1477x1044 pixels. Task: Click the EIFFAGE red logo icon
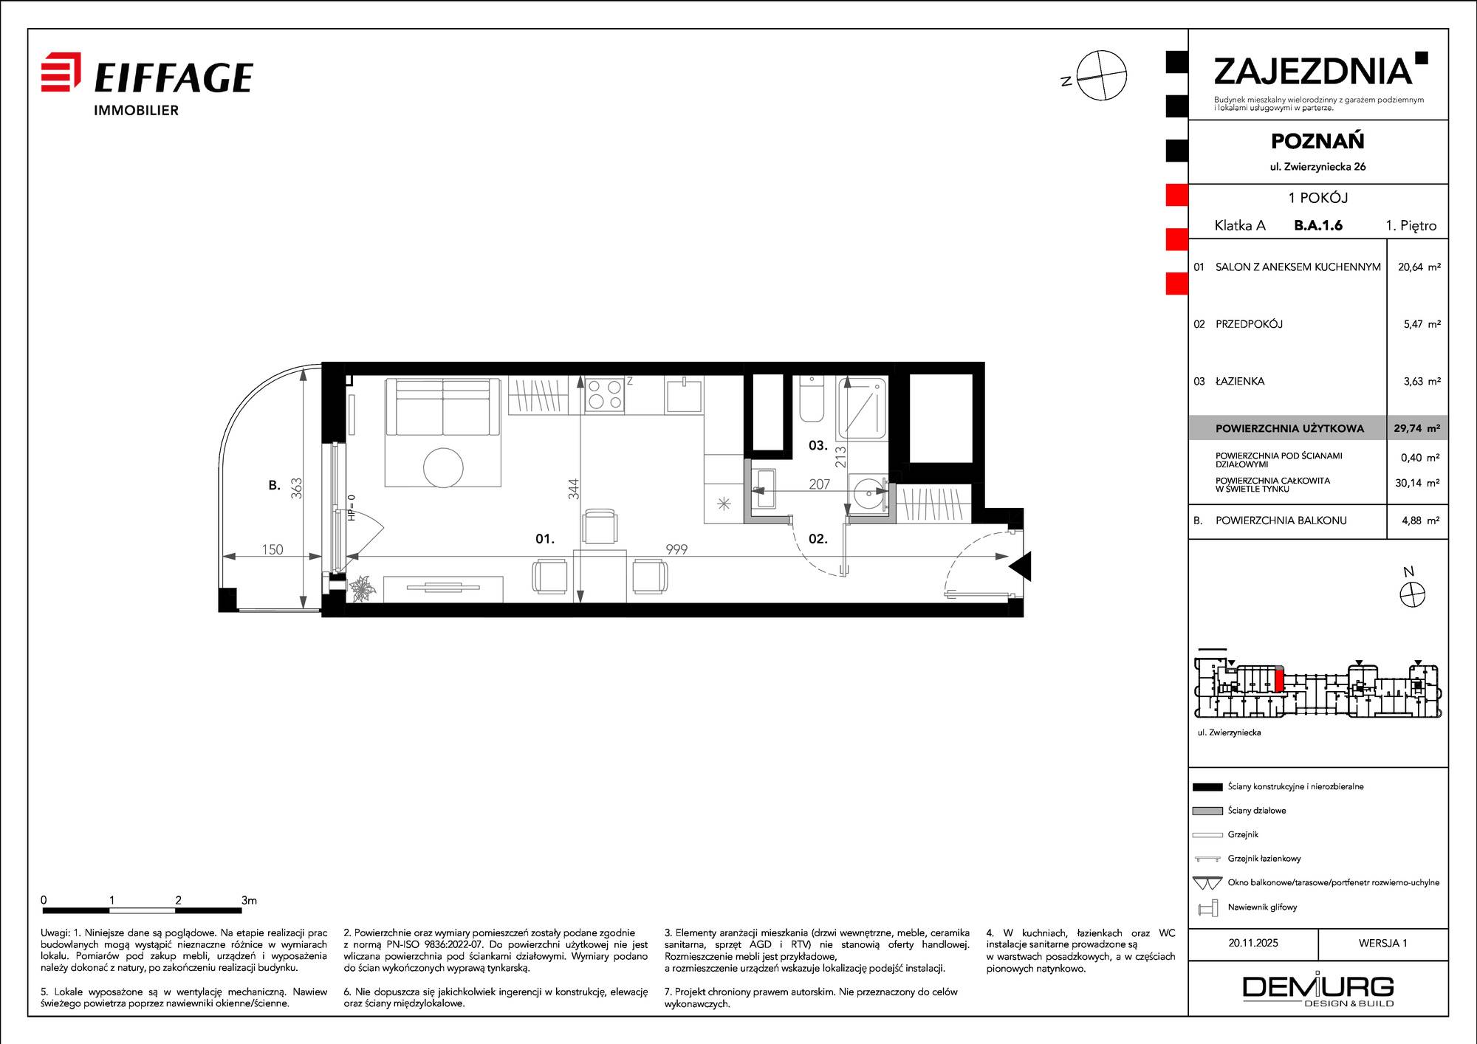point(61,72)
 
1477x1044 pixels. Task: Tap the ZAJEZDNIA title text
point(1313,72)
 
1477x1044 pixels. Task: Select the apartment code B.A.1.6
point(1318,225)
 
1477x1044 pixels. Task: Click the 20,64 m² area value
point(1419,267)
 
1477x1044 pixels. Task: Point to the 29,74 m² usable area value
point(1416,428)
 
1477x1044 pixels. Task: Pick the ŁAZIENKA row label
point(1240,381)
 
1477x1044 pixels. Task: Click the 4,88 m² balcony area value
point(1421,521)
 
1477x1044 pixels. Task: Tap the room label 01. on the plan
point(545,539)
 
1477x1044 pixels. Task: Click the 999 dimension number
point(676,549)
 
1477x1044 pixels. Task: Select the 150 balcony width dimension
point(273,549)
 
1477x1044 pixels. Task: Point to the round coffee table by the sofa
point(443,467)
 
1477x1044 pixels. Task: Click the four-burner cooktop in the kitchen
point(605,394)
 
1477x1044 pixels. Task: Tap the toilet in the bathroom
point(812,399)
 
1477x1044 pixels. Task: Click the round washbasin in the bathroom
point(868,492)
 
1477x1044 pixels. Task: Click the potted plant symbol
point(363,588)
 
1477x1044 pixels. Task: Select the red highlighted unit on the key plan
point(1280,679)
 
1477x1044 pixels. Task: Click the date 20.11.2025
point(1253,943)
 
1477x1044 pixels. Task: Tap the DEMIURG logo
point(1318,991)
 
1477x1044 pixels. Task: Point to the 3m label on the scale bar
point(249,900)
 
